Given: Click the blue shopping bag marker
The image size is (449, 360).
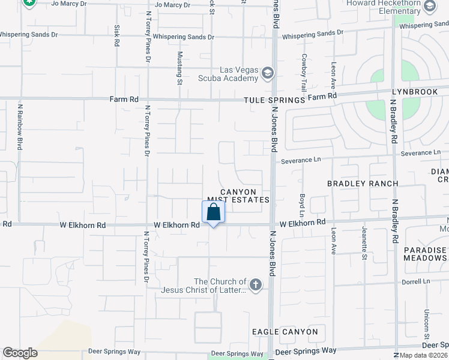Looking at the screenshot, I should click(x=213, y=212).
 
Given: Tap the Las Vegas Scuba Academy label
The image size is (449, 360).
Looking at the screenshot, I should click(x=231, y=74).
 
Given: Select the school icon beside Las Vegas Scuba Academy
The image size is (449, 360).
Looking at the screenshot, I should click(x=267, y=74).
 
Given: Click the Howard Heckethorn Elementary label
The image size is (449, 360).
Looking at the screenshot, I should click(x=385, y=7).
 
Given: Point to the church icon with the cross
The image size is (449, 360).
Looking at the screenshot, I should click(x=256, y=285).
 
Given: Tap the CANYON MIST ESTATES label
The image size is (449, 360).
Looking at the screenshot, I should click(x=238, y=195).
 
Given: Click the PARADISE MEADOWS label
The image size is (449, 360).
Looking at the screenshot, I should click(x=425, y=254).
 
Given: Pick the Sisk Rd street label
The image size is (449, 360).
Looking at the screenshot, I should click(x=116, y=37).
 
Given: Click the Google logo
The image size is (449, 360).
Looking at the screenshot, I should click(x=20, y=353).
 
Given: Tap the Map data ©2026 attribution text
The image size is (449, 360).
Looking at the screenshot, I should click(x=423, y=355).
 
